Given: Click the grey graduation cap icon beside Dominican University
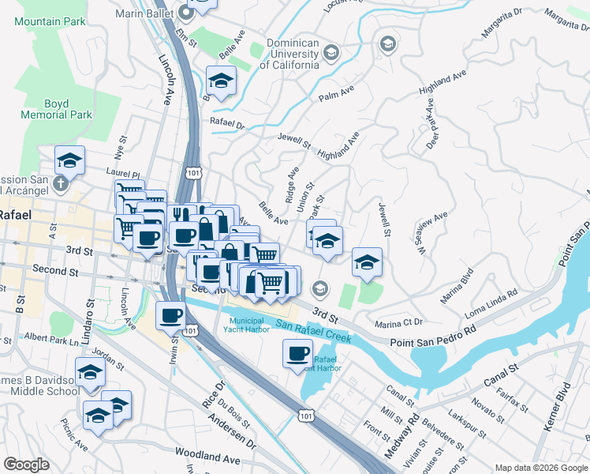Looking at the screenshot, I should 331,53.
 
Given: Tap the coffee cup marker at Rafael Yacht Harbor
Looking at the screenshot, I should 297,353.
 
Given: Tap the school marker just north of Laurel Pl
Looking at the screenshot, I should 69,160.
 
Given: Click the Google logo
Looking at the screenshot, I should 27,465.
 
